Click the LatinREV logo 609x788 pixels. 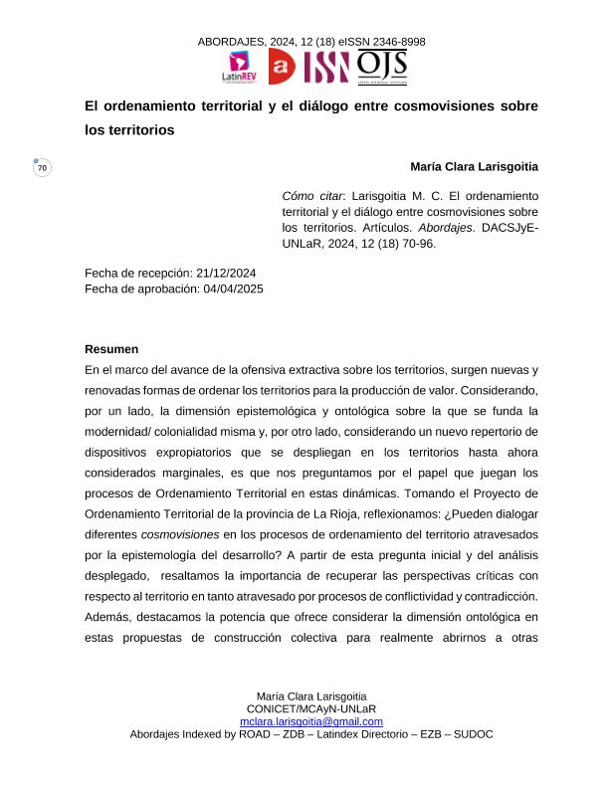pos(239,67)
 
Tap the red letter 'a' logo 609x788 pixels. pos(282,67)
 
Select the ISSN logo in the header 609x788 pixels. pos(326,67)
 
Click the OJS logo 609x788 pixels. pos(381,67)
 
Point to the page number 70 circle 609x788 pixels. pos(42,168)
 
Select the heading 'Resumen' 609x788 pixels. pos(111,349)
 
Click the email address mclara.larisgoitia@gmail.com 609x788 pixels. pos(311,721)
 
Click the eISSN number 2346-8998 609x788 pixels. pos(396,42)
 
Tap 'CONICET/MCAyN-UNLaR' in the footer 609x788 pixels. pos(311,708)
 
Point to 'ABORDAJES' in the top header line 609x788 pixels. pos(231,42)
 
